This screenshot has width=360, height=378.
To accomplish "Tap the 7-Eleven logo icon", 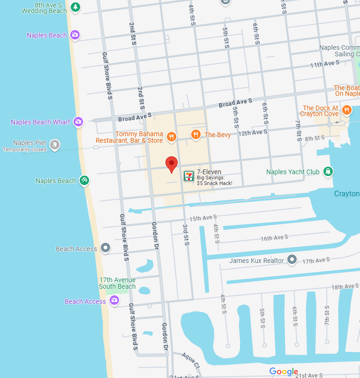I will tap(189, 176).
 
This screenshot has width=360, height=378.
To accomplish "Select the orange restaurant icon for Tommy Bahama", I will tap(171, 137).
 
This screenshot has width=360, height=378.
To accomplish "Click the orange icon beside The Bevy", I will tap(196, 134).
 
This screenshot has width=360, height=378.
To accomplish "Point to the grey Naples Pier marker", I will tap(55, 145).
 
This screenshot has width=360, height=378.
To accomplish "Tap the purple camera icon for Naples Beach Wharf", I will tap(78, 122).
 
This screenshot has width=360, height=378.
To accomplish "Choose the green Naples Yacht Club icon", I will tap(328, 172).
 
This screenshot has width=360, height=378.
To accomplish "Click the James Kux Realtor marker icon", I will tap(292, 260).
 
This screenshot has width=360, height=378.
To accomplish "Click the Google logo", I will tap(283, 371).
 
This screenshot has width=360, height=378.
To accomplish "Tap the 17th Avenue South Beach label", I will tap(117, 283).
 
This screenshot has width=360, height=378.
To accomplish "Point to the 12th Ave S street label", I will tap(253, 133).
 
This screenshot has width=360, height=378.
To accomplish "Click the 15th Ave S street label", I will tap(203, 218).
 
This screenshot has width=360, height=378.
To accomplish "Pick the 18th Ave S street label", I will tap(345, 286).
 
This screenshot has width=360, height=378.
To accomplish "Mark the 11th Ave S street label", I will tap(324, 64).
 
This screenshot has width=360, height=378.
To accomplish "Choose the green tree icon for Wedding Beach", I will tap(75, 7).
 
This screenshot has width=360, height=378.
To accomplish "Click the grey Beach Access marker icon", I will tap(105, 248).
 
